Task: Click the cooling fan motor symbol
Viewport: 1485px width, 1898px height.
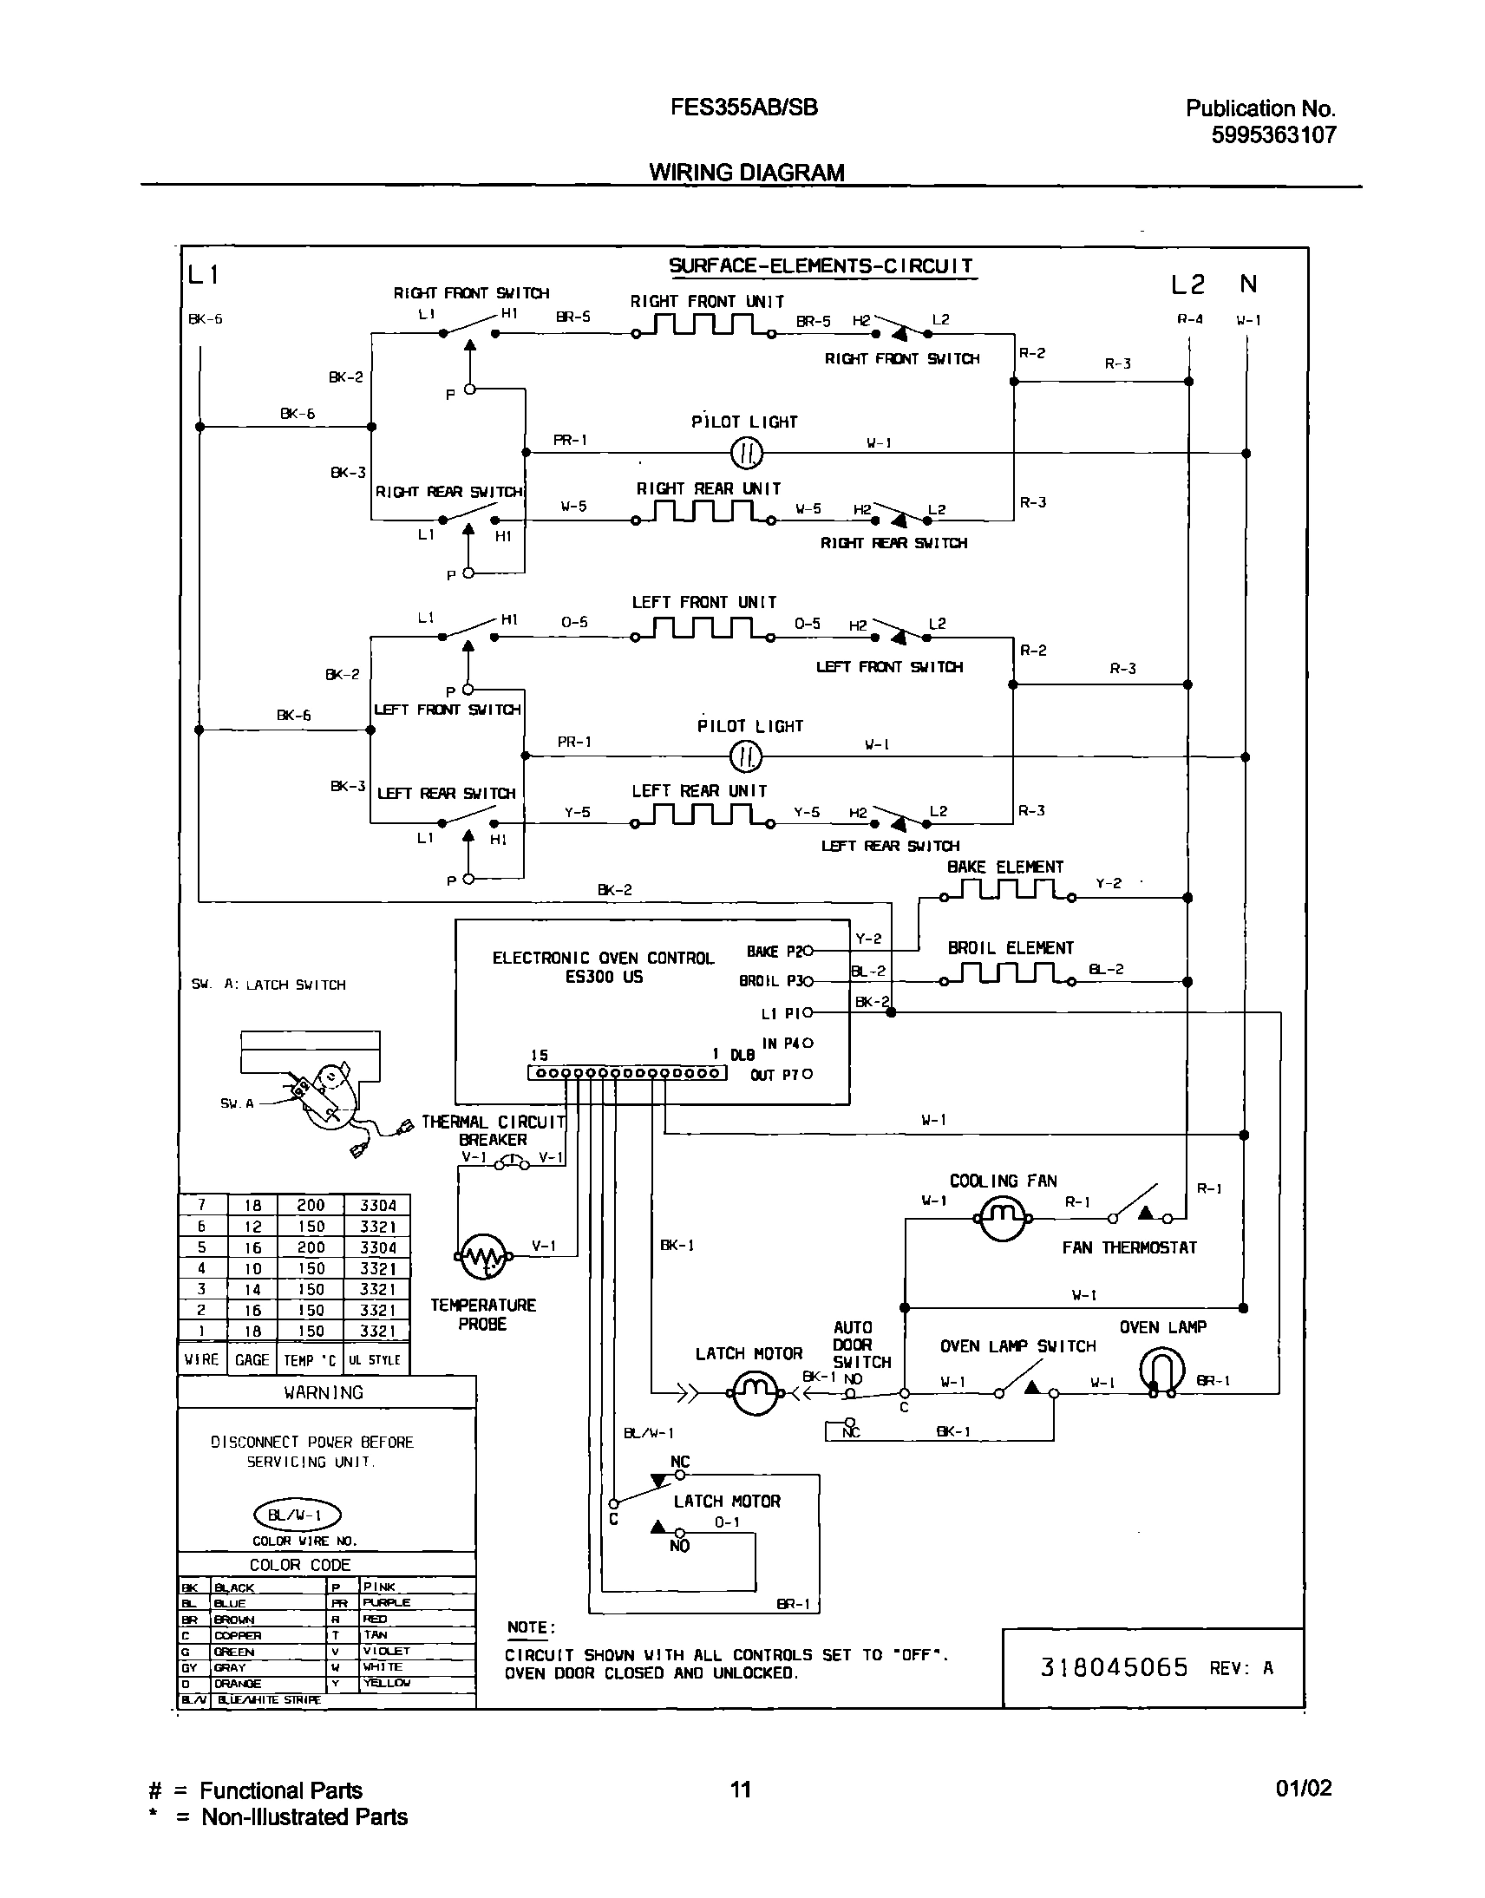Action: coord(1004,1217)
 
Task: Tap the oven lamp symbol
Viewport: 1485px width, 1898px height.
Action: coord(1162,1372)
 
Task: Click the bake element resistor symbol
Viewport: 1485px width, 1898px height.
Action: coord(1006,891)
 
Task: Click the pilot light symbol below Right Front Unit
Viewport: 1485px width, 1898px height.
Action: coord(746,453)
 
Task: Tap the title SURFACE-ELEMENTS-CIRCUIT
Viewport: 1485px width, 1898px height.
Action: coord(820,266)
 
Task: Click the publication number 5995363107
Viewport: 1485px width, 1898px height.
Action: coord(1272,134)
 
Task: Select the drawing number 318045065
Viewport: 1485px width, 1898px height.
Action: coord(1114,1666)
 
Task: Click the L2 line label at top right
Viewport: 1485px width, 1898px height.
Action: coord(1187,285)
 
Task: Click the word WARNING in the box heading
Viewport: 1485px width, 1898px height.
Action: coord(324,1392)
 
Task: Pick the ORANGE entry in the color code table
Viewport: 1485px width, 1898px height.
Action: coord(237,1682)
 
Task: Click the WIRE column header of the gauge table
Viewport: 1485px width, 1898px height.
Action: coord(202,1359)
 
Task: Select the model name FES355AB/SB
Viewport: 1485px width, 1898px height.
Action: coord(743,107)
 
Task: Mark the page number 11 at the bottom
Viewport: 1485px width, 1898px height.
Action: coord(740,1788)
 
